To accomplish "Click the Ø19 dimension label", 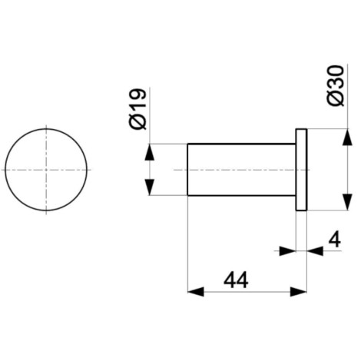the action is tap(137, 109).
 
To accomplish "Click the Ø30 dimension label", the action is tap(336, 85).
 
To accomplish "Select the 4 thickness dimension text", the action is tap(335, 240).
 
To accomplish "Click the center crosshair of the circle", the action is tap(46, 170).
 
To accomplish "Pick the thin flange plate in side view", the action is tap(301, 170).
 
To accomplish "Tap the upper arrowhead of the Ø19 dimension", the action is tap(150, 152).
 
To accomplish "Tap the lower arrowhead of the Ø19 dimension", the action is tap(150, 187).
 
